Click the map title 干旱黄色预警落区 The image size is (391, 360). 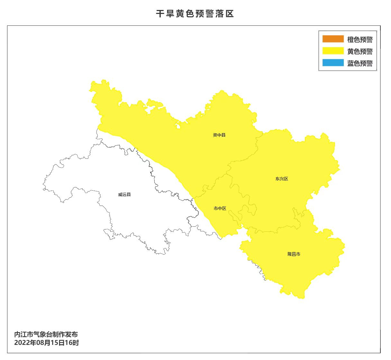coord(195,14)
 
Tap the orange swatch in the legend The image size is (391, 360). coord(333,39)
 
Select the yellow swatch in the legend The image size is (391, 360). coord(333,51)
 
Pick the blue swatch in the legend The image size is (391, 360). coord(333,63)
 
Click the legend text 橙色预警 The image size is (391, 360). coord(360,40)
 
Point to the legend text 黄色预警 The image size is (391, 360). coord(360,51)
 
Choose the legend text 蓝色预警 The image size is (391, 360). coord(360,63)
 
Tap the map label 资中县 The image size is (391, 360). coord(219,135)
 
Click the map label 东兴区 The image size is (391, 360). coord(282,179)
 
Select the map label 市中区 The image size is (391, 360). coord(220,208)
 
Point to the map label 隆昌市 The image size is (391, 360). coord(294,254)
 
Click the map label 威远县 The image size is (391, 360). coord(124,194)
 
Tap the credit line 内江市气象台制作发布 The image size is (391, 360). coord(46,335)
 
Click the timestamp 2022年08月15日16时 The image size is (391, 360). coord(46,343)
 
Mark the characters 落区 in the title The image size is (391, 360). coord(224,14)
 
